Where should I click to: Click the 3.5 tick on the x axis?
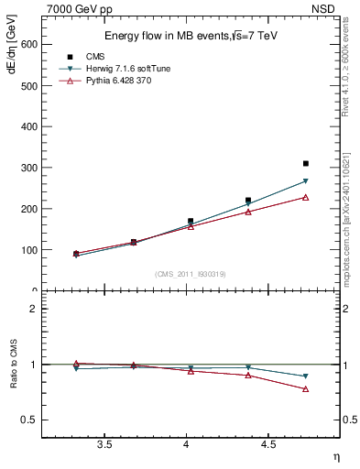[104, 444]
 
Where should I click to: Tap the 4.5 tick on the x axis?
[267, 444]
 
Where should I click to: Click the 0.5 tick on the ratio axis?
[30, 420]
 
